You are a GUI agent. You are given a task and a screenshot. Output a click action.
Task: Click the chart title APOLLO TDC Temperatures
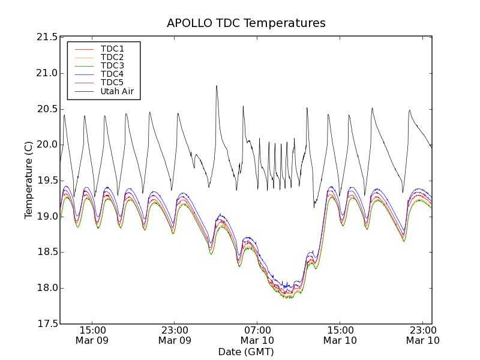[246, 23]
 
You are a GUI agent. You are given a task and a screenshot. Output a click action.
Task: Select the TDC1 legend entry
[112, 49]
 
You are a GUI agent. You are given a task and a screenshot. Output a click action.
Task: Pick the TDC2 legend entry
[112, 57]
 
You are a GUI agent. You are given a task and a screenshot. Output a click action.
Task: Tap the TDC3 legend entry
[112, 65]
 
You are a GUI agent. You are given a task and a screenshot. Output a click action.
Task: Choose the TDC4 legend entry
[112, 74]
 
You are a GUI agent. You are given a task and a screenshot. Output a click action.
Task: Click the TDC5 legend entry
[112, 83]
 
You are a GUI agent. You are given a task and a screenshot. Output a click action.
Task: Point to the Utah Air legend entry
[117, 92]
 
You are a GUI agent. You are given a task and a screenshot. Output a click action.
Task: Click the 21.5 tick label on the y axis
[46, 37]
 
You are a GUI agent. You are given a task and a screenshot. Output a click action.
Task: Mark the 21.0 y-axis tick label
[46, 73]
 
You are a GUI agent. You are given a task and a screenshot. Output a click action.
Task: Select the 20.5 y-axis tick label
[46, 109]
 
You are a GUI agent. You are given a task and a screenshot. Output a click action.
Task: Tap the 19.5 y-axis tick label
[46, 181]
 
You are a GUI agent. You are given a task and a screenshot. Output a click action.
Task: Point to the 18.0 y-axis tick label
[46, 288]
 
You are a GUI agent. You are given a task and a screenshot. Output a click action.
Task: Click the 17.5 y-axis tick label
[46, 324]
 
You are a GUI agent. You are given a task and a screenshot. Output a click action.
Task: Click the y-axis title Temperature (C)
[28, 180]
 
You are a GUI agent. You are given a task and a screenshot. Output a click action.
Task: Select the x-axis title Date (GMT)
[246, 352]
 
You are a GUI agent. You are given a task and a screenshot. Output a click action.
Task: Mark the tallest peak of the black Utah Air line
[217, 86]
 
